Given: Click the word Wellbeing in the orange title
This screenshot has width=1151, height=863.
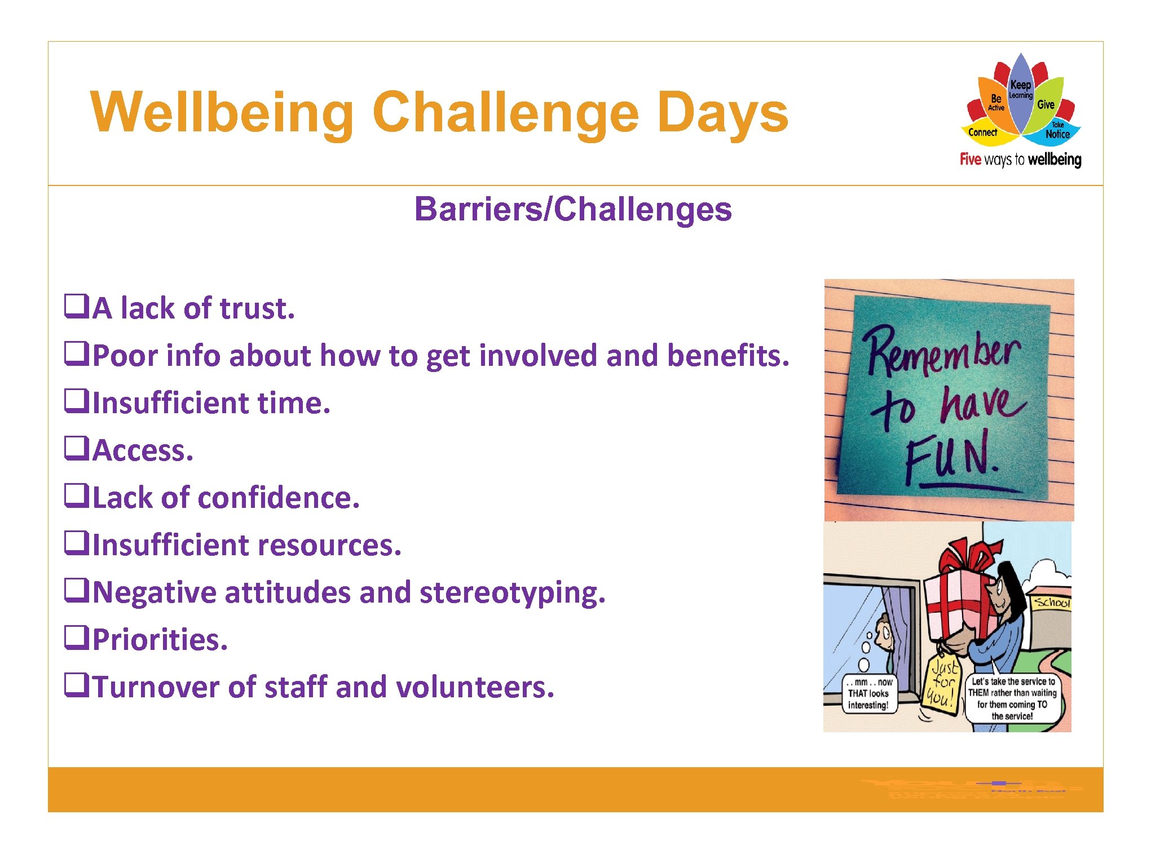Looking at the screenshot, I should point(222,113).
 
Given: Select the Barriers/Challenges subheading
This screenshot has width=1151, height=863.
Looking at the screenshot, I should point(572,209).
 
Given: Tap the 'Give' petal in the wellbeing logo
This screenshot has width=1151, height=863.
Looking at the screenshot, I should point(1046,104).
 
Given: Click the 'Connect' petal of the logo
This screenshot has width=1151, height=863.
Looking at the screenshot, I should point(982,132).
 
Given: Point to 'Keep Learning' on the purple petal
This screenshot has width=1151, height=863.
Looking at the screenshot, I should point(1020,88).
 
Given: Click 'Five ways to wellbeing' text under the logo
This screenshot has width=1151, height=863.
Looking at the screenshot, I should point(1020,160).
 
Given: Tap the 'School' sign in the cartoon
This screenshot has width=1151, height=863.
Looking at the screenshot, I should point(1051,602).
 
